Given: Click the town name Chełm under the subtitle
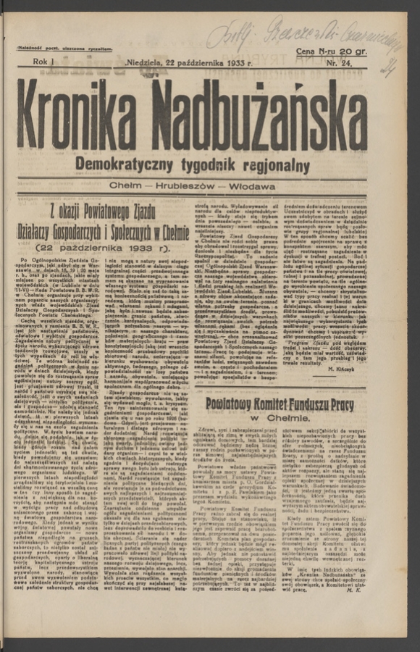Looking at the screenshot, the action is pyautogui.click(x=129, y=187).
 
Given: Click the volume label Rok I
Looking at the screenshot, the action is pyautogui.click(x=45, y=63).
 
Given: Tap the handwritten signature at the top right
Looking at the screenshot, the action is pyautogui.click(x=304, y=33).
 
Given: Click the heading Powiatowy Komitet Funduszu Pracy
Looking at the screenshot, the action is pyautogui.click(x=280, y=404).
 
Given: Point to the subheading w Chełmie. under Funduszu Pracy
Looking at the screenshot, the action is pyautogui.click(x=280, y=419).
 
